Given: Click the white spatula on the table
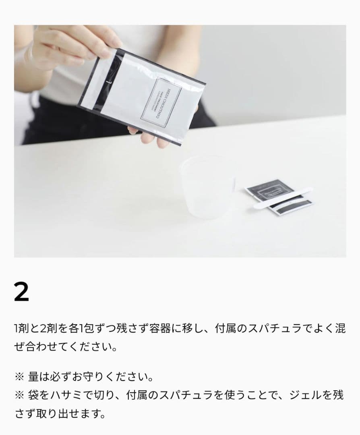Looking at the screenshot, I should pyautogui.click(x=282, y=197).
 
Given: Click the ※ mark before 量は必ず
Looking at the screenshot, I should pyautogui.click(x=19, y=377).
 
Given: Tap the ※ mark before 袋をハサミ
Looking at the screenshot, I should pyautogui.click(x=19, y=395).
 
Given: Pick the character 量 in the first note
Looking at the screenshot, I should pyautogui.click(x=33, y=377).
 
